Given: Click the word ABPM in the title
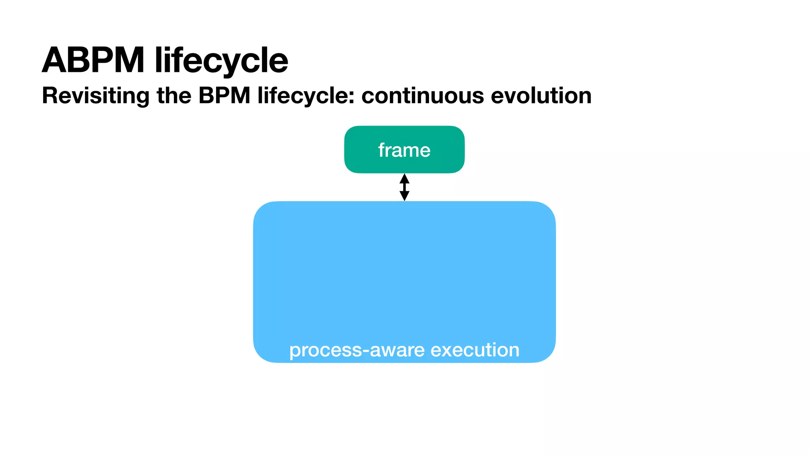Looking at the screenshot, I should coord(93,60).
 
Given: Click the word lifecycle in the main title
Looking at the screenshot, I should coord(221,60).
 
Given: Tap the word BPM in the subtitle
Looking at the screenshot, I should coord(224,96).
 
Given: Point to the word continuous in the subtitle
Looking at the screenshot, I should coord(422,96).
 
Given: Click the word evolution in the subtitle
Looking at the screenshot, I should coord(541,96).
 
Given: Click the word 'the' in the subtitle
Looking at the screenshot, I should coord(174,96).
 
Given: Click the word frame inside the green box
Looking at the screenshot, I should coord(404,150).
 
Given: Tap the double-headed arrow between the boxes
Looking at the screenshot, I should coord(404,187).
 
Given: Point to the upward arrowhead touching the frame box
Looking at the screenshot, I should coord(404,179).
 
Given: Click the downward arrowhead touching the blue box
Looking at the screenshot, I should coord(404,196).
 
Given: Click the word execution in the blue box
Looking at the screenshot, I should coord(475,350).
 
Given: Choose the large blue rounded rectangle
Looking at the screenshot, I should coord(404,273).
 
